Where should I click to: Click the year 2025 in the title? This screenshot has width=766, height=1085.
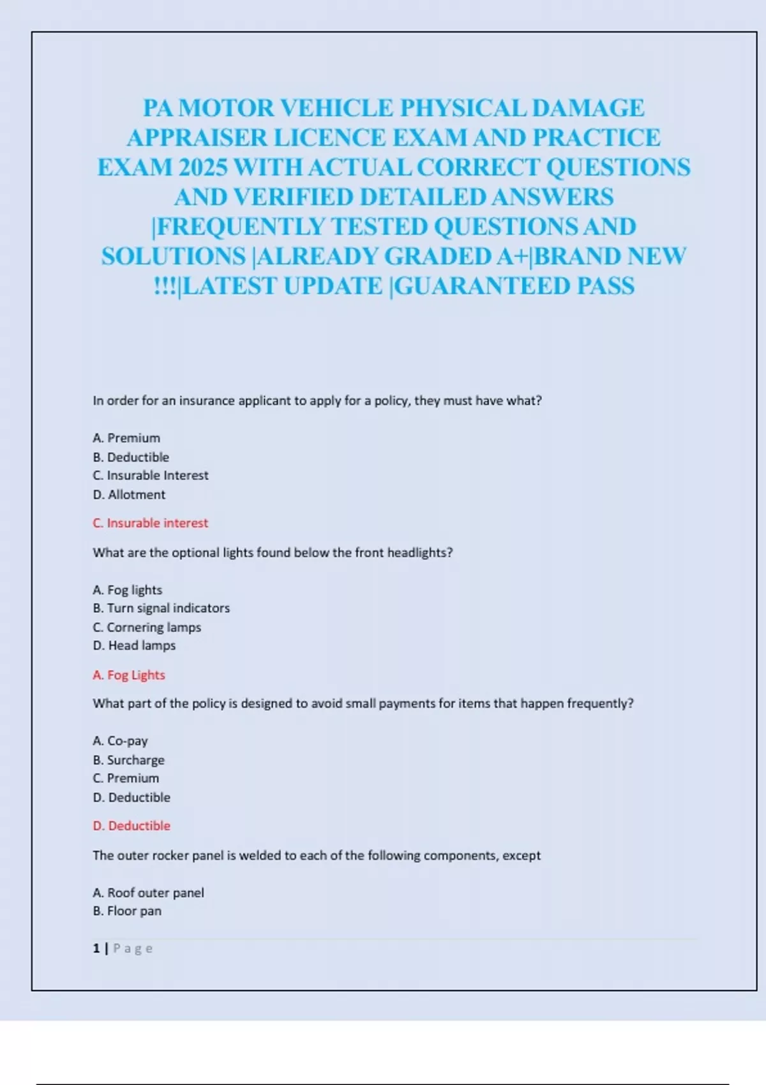point(203,168)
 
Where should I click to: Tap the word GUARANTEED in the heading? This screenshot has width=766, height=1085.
point(482,286)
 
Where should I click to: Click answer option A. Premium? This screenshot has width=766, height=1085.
point(126,438)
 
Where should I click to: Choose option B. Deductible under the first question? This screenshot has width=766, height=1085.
point(131,458)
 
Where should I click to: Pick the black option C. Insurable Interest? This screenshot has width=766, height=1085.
point(151,475)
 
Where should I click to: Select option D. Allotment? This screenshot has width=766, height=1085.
point(129,495)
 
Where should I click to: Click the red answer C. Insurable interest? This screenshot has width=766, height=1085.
point(151,523)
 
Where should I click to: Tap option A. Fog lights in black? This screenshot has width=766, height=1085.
point(128,590)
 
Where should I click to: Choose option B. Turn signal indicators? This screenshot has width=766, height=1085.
point(161,608)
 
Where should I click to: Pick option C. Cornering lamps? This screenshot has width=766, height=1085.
point(147,627)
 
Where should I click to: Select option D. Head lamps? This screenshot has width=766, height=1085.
point(134,646)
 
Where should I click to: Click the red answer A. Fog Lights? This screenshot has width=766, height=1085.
point(129,675)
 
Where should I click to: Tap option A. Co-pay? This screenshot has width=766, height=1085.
point(120,741)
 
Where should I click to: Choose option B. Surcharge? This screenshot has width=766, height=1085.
point(128,760)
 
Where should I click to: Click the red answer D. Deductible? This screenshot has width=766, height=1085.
point(131,826)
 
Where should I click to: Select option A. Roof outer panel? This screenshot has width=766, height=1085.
point(148,893)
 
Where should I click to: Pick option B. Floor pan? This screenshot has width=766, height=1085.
point(127,911)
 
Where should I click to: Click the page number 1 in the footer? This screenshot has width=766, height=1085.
point(96,948)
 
